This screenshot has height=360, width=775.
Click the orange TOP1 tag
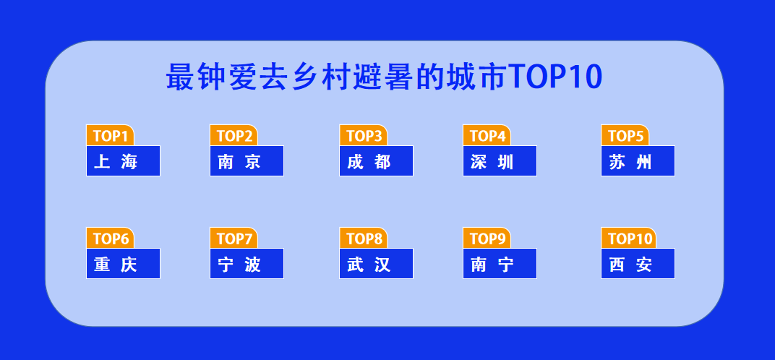click(110, 136)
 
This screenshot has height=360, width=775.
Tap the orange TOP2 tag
click(234, 136)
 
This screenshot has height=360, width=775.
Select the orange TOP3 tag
click(363, 136)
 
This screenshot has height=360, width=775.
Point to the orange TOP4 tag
click(487, 136)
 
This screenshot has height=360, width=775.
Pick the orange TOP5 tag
click(625, 136)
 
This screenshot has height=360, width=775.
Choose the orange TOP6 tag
click(110, 239)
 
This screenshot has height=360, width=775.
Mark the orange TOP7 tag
click(234, 239)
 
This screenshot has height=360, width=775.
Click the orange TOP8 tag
click(363, 239)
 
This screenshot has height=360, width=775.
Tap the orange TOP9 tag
click(487, 239)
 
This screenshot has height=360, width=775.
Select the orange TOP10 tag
click(628, 239)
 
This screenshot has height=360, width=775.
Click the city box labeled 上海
click(123, 161)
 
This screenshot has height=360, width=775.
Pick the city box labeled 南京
click(247, 161)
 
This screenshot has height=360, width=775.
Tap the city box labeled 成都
click(376, 161)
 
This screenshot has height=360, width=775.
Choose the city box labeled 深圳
click(500, 161)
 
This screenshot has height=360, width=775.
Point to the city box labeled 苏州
click(638, 161)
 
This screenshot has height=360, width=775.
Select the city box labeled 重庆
click(123, 264)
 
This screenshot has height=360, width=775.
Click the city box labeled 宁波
click(247, 264)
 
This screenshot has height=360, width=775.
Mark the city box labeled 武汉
click(376, 264)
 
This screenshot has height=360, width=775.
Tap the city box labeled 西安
click(638, 264)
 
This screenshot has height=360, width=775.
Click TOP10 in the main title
click(555, 77)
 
